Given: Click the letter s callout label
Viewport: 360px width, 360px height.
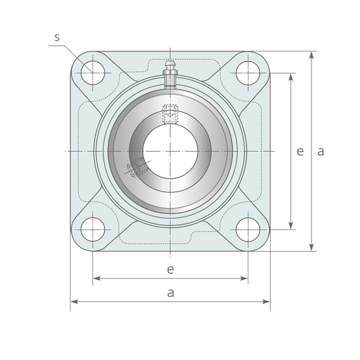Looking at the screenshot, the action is (57, 37).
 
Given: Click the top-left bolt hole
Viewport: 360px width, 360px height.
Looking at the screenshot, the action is (93, 73).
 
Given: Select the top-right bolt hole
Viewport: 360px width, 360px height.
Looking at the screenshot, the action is (248, 73).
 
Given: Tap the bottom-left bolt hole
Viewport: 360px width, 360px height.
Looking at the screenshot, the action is (93, 229).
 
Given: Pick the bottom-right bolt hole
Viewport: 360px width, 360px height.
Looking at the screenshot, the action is (248, 229).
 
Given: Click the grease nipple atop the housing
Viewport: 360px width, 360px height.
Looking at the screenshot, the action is (170, 75).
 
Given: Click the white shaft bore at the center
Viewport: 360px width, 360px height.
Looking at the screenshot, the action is (170, 151).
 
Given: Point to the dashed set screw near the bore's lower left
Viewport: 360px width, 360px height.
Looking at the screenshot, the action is (138, 167).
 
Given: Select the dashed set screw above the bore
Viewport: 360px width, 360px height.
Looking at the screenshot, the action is (170, 114).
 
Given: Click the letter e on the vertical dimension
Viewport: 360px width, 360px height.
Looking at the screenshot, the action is (300, 152).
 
